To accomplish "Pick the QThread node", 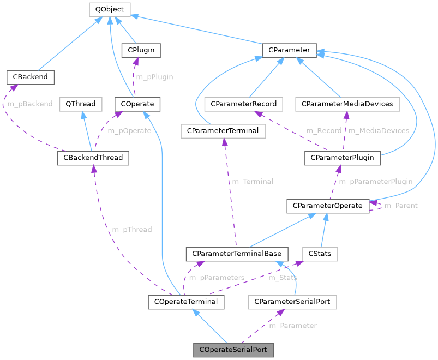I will (x=81, y=104).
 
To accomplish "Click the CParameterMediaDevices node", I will (x=347, y=104).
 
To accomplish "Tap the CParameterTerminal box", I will (x=223, y=131).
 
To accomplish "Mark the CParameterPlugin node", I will (x=343, y=158).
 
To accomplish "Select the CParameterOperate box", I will (x=328, y=206).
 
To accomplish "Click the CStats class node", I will (x=320, y=254).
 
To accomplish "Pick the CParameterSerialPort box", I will (x=292, y=302).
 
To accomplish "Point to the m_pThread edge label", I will (x=131, y=230).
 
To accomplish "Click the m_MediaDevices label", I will (x=379, y=131).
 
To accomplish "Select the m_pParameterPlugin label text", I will (x=375, y=182).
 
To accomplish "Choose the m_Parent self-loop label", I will (x=401, y=206).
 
